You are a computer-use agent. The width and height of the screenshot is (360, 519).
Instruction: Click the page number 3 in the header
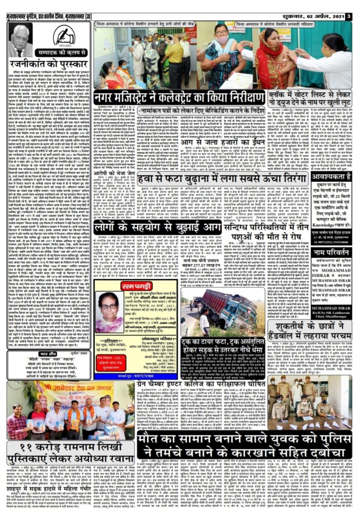click(x=349, y=16)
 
